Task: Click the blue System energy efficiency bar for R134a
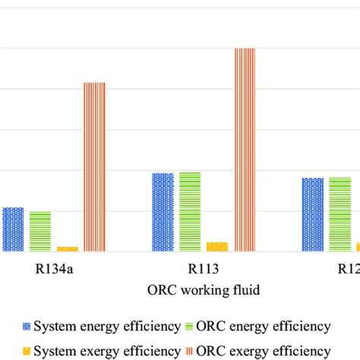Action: (13, 229)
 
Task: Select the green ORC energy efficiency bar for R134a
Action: (40, 231)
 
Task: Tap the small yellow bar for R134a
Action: (67, 248)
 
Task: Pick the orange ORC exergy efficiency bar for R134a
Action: (94, 166)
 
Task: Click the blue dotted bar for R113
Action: (163, 212)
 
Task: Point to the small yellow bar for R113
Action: (216, 246)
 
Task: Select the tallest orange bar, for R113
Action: (245, 150)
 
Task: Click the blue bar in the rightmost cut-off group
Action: (312, 214)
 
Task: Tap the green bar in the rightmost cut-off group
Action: (339, 214)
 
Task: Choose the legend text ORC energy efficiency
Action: (264, 327)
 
